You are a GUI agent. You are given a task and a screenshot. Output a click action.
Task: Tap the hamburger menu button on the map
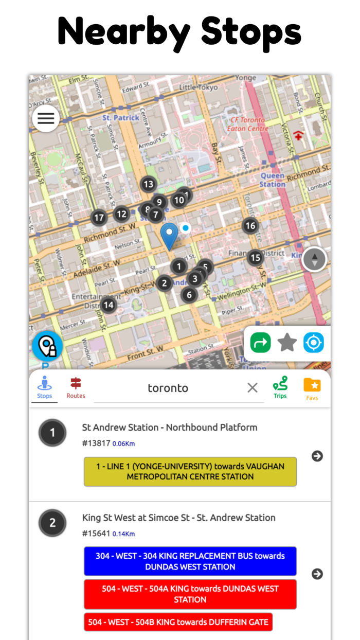(46, 118)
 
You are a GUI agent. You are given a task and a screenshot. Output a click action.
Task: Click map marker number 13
(148, 184)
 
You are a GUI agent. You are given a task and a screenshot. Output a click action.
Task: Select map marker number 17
(99, 218)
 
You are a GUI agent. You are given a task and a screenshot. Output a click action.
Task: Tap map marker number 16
(250, 225)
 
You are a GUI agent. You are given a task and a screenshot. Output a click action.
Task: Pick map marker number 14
(108, 305)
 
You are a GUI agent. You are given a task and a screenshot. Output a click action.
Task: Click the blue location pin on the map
(169, 236)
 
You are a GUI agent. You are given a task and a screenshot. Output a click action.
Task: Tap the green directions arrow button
(260, 343)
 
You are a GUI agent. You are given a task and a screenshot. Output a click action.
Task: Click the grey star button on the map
(287, 343)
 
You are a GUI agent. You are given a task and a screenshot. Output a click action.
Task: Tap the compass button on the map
(314, 259)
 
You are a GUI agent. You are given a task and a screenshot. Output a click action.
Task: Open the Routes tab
(76, 388)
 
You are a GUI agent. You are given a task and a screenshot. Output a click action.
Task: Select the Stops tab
(44, 388)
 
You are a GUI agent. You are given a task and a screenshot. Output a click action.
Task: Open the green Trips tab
(280, 388)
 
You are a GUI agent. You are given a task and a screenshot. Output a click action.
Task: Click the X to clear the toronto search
(253, 388)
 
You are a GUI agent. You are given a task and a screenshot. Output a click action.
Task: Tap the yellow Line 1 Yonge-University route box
(190, 471)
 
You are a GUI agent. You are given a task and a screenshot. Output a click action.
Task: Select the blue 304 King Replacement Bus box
(190, 561)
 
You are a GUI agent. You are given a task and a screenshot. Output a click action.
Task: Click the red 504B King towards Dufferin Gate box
(178, 622)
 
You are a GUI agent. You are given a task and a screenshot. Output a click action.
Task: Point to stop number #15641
(96, 534)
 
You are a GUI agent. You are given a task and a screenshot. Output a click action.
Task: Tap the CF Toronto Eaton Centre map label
(249, 124)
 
